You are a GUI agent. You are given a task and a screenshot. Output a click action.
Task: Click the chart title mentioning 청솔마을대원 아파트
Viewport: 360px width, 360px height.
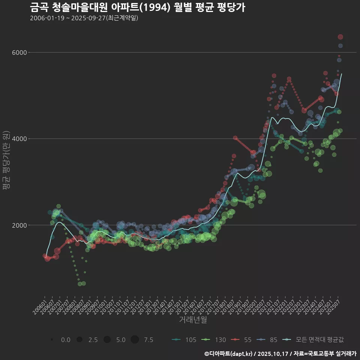tap(137, 7)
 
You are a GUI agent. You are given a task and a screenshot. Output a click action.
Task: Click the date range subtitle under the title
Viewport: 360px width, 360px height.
tap(84, 18)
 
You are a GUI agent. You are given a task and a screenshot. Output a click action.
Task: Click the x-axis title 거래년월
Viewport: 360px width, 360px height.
tap(192, 319)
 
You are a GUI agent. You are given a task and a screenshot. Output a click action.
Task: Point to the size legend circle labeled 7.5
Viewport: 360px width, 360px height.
tap(135, 340)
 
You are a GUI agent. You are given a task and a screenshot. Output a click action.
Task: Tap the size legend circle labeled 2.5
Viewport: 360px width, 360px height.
tap(79, 340)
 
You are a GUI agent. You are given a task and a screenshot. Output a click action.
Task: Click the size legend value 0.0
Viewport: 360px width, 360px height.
tap(65, 340)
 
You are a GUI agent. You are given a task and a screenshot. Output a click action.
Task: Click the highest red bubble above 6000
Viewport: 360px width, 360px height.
tap(340, 37)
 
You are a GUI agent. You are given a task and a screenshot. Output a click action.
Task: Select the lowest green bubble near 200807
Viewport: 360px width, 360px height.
tap(80, 284)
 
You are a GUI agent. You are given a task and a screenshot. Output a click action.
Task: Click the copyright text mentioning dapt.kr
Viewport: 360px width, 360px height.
tap(280, 354)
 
